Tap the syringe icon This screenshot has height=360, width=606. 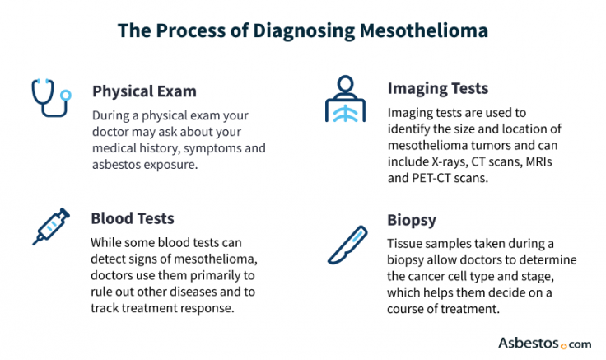pos(51,227)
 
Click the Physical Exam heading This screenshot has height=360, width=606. pos(144,91)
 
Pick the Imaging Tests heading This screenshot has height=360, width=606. pos(437,88)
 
